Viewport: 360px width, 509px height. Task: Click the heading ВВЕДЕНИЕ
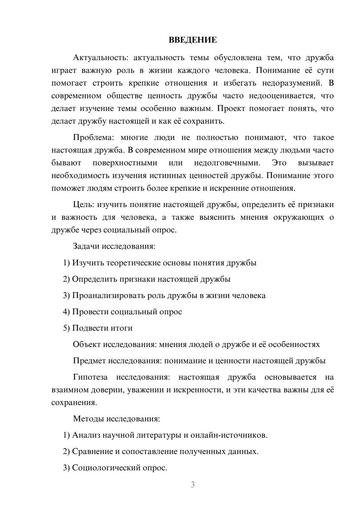click(x=193, y=40)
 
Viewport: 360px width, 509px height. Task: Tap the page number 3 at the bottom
click(x=193, y=485)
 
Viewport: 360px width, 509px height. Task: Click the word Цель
click(x=83, y=204)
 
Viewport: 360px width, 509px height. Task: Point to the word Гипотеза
click(x=90, y=377)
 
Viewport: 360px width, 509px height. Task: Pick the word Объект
click(x=87, y=344)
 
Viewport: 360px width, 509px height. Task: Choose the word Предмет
click(x=89, y=361)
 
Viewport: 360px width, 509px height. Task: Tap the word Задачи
click(x=86, y=247)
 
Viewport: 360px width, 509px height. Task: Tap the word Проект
click(x=230, y=108)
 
